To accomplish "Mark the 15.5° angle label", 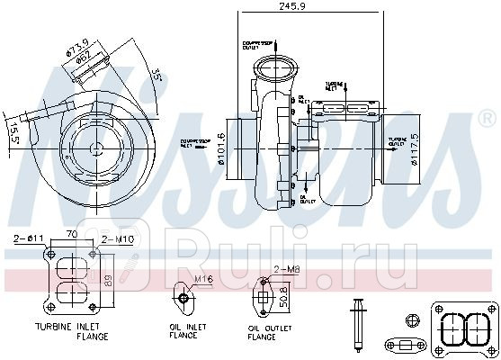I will [x=11, y=135].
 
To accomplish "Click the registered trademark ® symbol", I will [x=487, y=116].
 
